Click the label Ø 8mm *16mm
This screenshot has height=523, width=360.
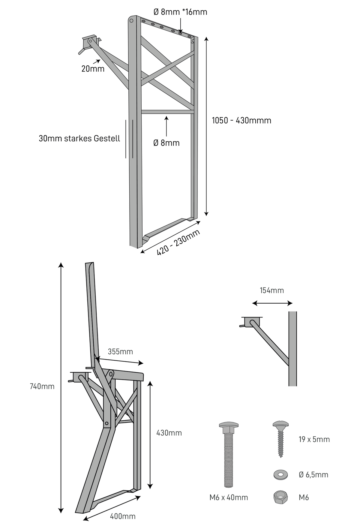click(x=180, y=12)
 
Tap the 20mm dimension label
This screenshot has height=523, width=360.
click(x=93, y=69)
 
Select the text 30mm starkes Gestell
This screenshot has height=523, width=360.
click(x=79, y=138)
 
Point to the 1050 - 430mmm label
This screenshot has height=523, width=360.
click(x=241, y=120)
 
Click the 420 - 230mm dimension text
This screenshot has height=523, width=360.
click(x=178, y=243)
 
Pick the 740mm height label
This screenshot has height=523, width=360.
click(x=42, y=386)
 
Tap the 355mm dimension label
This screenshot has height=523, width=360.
click(x=120, y=351)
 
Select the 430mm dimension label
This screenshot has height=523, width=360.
click(x=169, y=433)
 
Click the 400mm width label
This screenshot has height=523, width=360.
click(x=123, y=516)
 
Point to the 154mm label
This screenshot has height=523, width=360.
click(x=271, y=290)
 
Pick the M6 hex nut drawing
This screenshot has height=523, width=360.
click(x=281, y=497)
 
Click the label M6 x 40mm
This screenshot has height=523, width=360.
click(x=229, y=497)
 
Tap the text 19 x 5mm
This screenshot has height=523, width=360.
click(x=314, y=439)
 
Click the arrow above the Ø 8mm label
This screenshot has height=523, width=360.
click(x=166, y=127)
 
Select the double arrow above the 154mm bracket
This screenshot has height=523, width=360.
click(x=272, y=303)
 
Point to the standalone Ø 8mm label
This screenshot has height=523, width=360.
click(x=166, y=143)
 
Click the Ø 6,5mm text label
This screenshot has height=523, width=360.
click(x=313, y=475)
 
